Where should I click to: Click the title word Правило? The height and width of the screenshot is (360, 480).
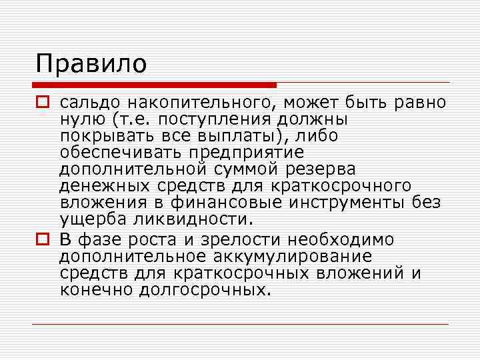pyautogui.click(x=91, y=64)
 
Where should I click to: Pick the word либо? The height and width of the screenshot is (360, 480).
pyautogui.click(x=317, y=136)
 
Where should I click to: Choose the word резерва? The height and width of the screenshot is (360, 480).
pyautogui.click(x=319, y=171)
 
